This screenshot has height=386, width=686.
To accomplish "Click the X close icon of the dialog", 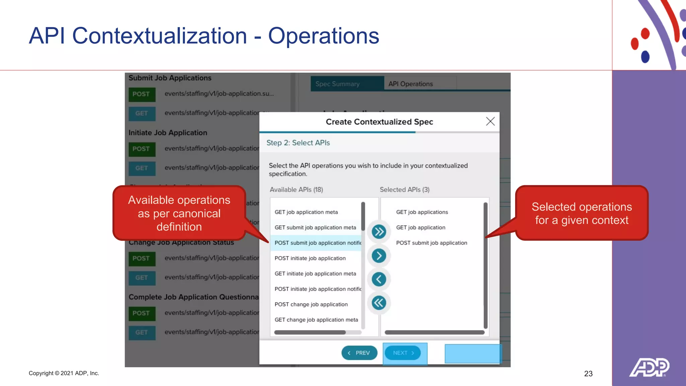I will coord(490,121).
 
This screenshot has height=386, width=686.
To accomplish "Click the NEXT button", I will coord(403,353).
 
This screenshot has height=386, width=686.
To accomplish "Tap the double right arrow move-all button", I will coord(379,232).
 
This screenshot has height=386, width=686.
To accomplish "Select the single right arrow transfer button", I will coord(379,256).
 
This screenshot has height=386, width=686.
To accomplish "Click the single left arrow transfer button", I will coord(379,279).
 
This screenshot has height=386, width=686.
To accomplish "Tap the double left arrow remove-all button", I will coord(379,303).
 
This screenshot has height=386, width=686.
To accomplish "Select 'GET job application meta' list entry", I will coord(306,212).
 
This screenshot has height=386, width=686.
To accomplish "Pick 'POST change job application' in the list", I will coord(311,304).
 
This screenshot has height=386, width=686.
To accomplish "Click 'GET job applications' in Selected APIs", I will coord(422,212).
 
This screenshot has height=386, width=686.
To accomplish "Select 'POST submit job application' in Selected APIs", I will coord(431,243).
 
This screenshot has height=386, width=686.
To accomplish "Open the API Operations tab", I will coord(410,84).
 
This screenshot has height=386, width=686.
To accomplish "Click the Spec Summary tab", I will coord(337,84).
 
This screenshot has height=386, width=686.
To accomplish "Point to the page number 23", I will coord(588,374).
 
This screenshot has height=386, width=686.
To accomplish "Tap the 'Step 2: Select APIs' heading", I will coord(298,143).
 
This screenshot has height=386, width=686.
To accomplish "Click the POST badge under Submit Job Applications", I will coord(142,94).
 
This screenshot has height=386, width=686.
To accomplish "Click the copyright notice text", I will coord(64,373).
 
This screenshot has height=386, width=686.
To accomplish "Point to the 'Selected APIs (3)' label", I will coord(404,190).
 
